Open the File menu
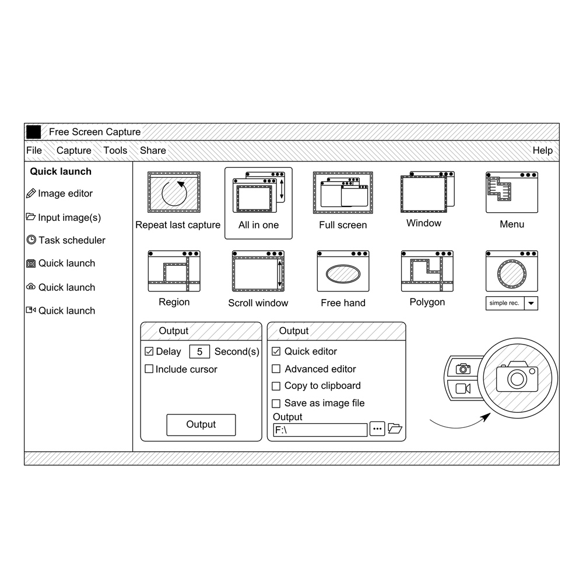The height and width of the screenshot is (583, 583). click(34, 150)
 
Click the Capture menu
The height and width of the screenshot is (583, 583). click(73, 150)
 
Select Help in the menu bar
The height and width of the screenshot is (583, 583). click(542, 150)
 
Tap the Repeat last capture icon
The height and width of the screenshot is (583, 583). click(174, 192)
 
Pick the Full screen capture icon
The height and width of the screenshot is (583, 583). click(343, 192)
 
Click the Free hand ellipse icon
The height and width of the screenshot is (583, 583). click(343, 271)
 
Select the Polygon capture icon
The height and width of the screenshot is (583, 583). click(427, 271)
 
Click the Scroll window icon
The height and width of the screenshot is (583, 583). click(258, 271)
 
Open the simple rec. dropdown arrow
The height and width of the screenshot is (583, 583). click(531, 303)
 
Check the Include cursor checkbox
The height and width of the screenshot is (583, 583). click(149, 369)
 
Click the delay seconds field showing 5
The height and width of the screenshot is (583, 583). click(199, 352)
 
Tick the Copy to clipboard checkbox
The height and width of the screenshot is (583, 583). click(276, 387)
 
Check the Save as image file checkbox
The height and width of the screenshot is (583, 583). click(276, 403)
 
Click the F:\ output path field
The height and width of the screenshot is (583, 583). click(320, 430)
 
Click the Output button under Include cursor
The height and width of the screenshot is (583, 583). click(201, 424)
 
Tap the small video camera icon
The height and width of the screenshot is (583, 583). click(463, 388)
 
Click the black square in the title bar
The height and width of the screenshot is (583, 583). click(33, 132)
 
